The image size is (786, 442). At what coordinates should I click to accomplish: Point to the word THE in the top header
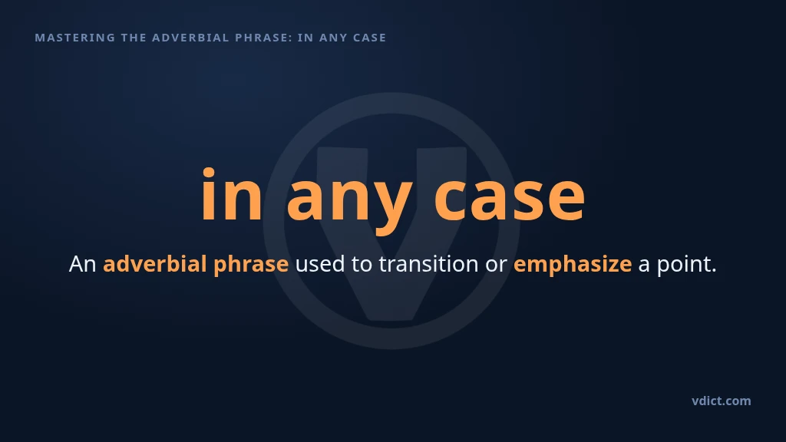(x=134, y=38)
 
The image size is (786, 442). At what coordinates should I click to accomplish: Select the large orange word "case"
(x=510, y=198)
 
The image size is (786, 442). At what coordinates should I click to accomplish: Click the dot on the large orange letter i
(x=209, y=173)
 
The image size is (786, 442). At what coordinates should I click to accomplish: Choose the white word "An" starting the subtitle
(x=83, y=264)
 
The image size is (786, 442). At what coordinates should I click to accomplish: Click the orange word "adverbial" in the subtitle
(x=155, y=264)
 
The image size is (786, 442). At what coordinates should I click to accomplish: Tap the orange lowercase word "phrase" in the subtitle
(x=251, y=265)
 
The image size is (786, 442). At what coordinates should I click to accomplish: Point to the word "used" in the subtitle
(x=320, y=264)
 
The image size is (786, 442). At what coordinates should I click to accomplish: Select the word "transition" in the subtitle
(x=428, y=264)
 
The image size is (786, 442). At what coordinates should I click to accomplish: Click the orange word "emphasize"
(x=573, y=265)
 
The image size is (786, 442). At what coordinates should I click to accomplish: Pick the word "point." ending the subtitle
(x=687, y=265)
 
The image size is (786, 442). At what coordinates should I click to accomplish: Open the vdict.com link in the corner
(x=722, y=401)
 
